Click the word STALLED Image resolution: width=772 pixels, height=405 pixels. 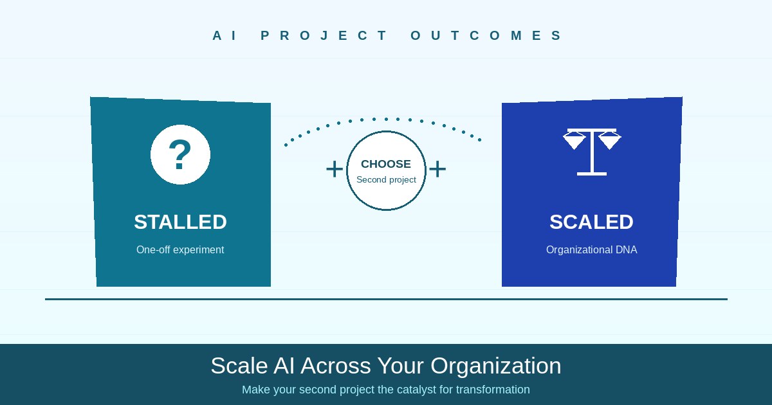(180, 222)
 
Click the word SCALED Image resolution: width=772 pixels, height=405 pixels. (591, 222)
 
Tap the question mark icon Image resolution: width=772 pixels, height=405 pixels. (180, 154)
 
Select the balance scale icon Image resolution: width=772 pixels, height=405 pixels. (591, 151)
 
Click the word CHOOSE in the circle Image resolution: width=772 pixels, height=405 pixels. (386, 164)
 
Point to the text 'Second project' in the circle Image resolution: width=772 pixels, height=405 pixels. (386, 180)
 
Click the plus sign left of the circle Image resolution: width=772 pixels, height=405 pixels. (335, 169)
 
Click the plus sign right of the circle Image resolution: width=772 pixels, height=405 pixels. (437, 169)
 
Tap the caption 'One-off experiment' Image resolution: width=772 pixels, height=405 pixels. (180, 249)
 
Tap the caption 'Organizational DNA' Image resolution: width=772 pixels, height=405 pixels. (591, 249)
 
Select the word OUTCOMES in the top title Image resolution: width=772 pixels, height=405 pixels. (486, 35)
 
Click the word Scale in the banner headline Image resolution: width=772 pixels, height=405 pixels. (239, 366)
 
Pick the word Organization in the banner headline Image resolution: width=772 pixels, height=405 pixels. (495, 366)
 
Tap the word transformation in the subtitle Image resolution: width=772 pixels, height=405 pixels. (493, 390)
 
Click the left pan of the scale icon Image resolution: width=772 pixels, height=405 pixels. (574, 141)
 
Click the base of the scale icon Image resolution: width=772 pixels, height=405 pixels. (591, 174)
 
